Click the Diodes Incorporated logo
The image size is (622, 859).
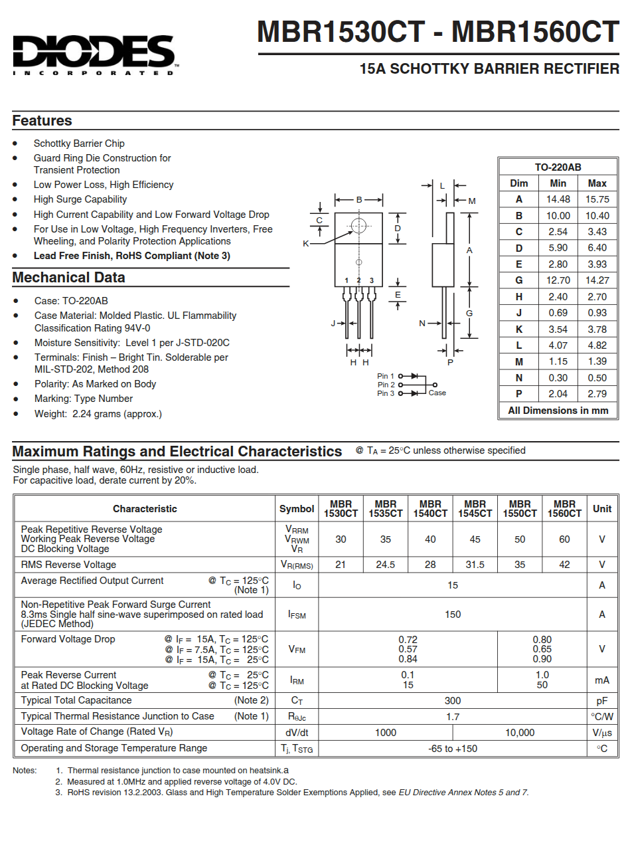pyautogui.click(x=94, y=54)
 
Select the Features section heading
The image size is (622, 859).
pyautogui.click(x=42, y=121)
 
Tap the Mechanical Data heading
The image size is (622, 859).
pyautogui.click(x=68, y=278)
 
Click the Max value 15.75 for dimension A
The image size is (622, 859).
pyautogui.click(x=597, y=199)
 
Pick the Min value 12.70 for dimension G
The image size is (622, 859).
pyautogui.click(x=558, y=280)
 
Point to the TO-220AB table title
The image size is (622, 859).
pyautogui.click(x=558, y=167)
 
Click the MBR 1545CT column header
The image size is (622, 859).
pyautogui.click(x=475, y=509)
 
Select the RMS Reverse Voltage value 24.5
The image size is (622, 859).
pyautogui.click(x=385, y=565)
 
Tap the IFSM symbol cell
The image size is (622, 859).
pyautogui.click(x=297, y=615)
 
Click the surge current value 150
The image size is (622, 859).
pyautogui.click(x=453, y=615)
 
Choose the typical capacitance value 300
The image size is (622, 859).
pyautogui.click(x=453, y=701)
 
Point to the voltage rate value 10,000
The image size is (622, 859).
pyautogui.click(x=520, y=733)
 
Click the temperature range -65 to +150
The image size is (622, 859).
pyautogui.click(x=453, y=749)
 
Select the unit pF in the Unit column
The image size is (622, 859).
pyautogui.click(x=602, y=701)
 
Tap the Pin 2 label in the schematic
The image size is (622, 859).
pyautogui.click(x=386, y=385)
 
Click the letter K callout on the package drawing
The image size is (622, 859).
pyautogui.click(x=306, y=244)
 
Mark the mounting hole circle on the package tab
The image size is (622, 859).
pyautogui.click(x=358, y=225)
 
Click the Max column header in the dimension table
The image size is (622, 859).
pyautogui.click(x=597, y=183)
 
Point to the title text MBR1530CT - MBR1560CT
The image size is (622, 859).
pyautogui.click(x=438, y=32)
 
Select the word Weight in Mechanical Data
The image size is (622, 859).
pyautogui.click(x=50, y=414)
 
